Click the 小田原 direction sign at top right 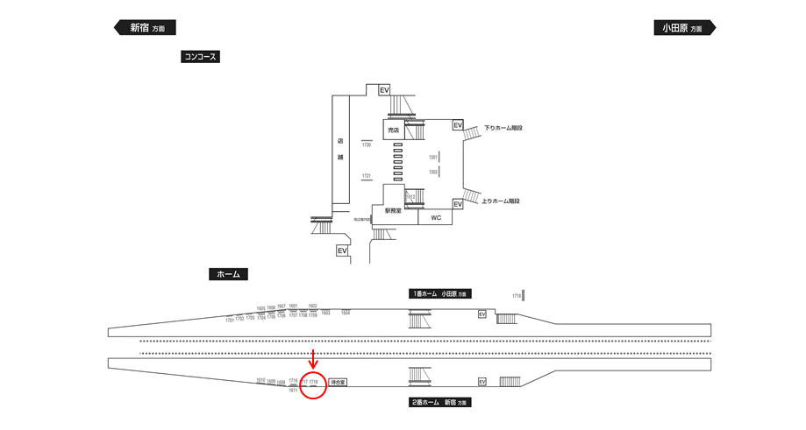point(683,28)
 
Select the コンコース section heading point(199,57)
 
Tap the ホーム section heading point(228,274)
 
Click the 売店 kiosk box point(394,130)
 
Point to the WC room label point(436,217)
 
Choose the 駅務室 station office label point(393,211)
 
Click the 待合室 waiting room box point(338,382)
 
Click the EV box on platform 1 point(481,315)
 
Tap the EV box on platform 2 point(481,382)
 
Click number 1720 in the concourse point(367,145)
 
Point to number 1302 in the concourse point(432,173)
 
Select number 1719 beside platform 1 point(517,296)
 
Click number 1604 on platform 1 point(346,312)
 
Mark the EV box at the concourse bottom point(342,250)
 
